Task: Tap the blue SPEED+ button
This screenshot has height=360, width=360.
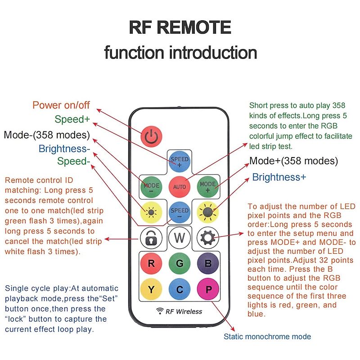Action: [180, 162]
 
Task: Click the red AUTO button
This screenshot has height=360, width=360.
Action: [180, 186]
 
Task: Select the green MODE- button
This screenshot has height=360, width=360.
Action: [151, 186]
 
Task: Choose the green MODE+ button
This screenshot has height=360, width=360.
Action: [208, 186]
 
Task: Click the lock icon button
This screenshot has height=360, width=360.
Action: [151, 237]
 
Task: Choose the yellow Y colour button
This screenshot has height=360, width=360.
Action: [151, 289]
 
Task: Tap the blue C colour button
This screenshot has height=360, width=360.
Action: [180, 289]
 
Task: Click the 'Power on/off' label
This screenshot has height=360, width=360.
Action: [61, 105]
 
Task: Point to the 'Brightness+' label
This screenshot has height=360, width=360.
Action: [279, 177]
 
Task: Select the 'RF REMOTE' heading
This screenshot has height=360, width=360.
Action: [180, 28]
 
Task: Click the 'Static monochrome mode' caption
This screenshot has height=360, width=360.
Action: [267, 337]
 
